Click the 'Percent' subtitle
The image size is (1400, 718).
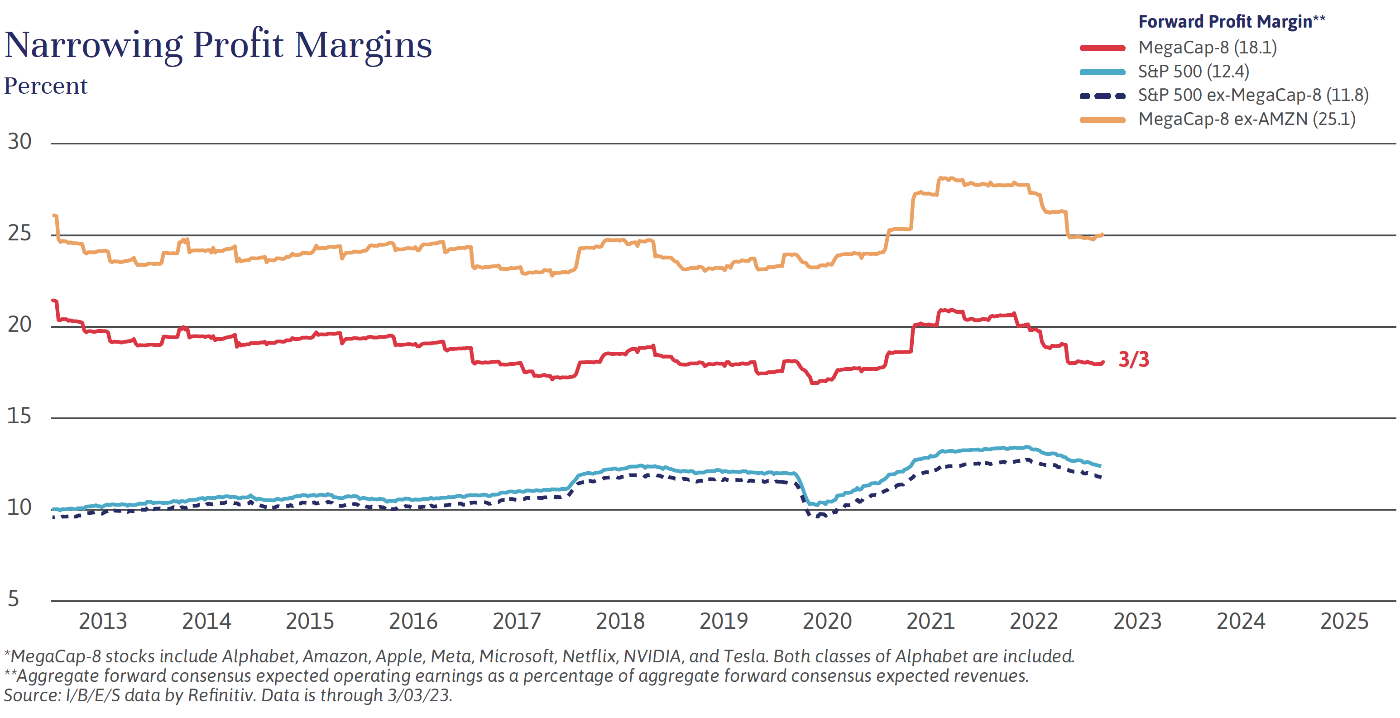click(46, 86)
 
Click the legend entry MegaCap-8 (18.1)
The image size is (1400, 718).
click(1207, 48)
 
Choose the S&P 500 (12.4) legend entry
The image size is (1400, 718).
click(1194, 72)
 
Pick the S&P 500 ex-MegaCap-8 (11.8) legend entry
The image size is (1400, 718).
click(1253, 96)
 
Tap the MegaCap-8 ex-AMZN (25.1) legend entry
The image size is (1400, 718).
click(1246, 119)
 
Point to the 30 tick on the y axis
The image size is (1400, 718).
click(19, 142)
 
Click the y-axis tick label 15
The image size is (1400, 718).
click(19, 416)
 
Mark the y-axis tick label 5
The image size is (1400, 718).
click(14, 599)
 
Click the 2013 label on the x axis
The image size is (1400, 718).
click(103, 621)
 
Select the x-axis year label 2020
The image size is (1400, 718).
click(827, 621)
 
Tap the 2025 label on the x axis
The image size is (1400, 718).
click(1344, 621)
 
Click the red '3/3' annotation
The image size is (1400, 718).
click(1134, 360)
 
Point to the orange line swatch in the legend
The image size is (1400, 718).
click(1102, 120)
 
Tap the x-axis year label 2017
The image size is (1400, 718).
click(516, 621)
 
